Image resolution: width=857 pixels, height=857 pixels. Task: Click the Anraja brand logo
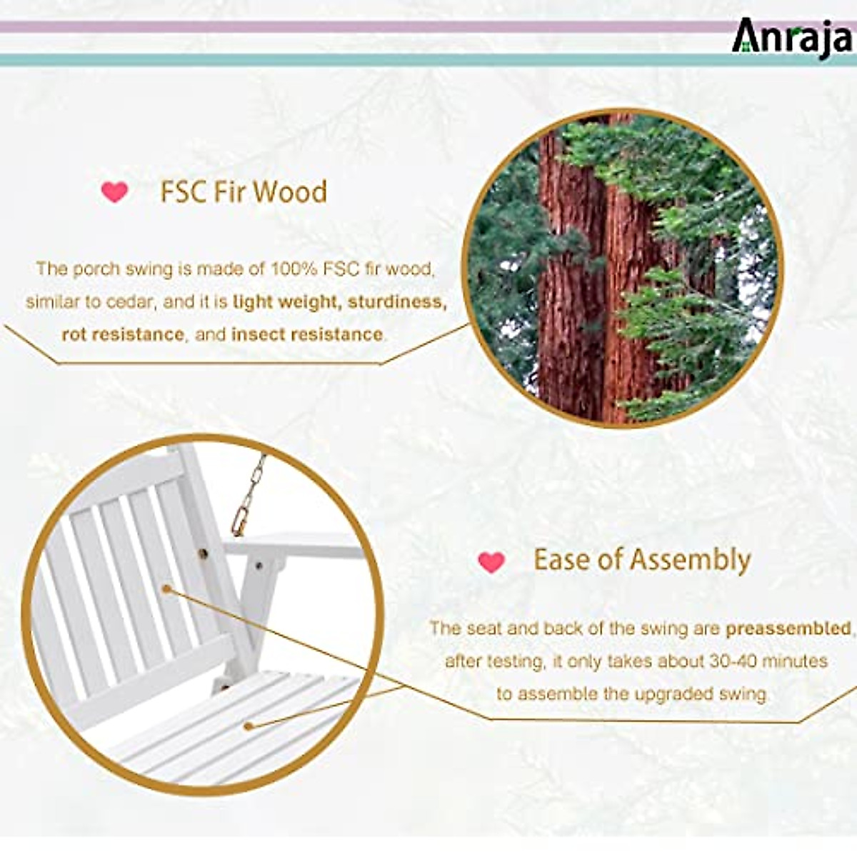792,39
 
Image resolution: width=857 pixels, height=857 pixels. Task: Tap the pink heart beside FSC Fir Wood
114,192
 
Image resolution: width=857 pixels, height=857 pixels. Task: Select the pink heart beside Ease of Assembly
491,562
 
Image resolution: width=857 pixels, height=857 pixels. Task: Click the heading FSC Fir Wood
244,191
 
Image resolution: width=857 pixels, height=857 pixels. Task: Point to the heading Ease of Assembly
642,560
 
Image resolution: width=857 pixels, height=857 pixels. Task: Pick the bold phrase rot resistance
123,334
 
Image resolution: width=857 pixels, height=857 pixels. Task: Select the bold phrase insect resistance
307,334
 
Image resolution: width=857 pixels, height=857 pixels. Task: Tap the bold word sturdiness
397,302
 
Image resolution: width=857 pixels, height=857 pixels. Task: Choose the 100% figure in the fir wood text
293,269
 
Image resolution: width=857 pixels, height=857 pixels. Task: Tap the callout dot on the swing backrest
167,588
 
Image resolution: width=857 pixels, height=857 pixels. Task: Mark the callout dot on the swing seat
249,726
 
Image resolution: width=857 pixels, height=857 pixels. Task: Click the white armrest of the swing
294,545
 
